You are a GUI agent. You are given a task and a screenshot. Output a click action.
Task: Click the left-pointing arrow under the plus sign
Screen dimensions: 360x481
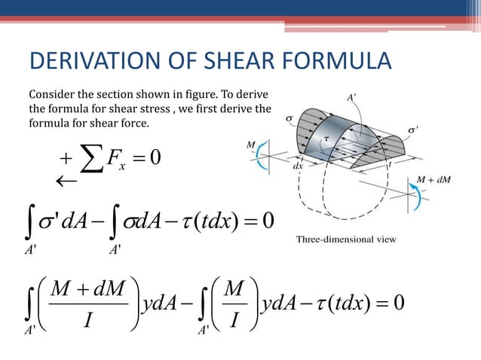tap(69, 182)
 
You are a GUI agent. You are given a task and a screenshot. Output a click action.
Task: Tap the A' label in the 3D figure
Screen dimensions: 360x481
tap(352, 98)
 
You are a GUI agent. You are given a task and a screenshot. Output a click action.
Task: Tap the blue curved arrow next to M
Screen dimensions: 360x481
tap(259, 159)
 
